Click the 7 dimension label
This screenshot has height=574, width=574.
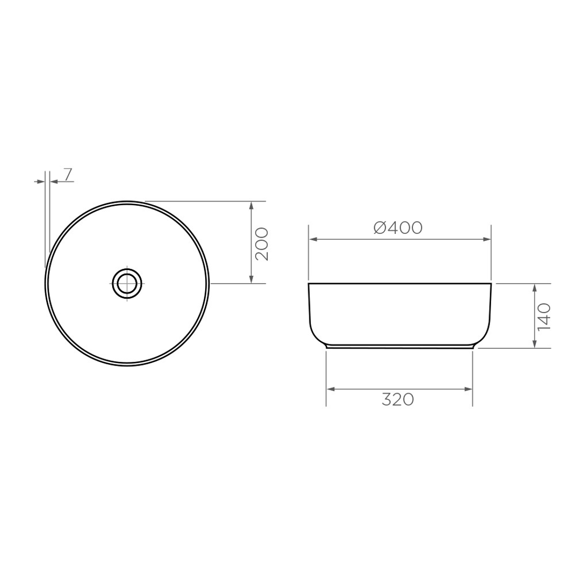pyautogui.click(x=68, y=174)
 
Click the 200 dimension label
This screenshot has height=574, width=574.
pyautogui.click(x=261, y=244)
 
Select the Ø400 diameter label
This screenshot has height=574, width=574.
pyautogui.click(x=398, y=227)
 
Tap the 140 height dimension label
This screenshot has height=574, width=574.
pyautogui.click(x=544, y=317)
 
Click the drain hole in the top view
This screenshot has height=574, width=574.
pyautogui.click(x=128, y=283)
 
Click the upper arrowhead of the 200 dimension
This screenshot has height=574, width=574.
pyautogui.click(x=251, y=205)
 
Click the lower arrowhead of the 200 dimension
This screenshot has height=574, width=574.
pyautogui.click(x=251, y=280)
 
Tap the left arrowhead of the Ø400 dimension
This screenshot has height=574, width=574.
pyautogui.click(x=314, y=240)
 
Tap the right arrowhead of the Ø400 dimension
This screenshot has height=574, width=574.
pyautogui.click(x=486, y=240)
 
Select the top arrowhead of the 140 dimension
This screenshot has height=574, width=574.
pyautogui.click(x=535, y=288)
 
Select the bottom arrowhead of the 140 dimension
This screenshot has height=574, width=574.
pyautogui.click(x=535, y=344)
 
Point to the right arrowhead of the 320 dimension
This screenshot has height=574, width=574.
pyautogui.click(x=468, y=390)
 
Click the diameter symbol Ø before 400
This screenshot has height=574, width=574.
pyautogui.click(x=380, y=227)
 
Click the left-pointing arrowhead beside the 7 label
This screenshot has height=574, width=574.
pyautogui.click(x=53, y=182)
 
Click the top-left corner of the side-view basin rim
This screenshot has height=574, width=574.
pyautogui.click(x=309, y=284)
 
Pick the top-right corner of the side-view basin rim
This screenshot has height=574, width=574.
pyautogui.click(x=491, y=284)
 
